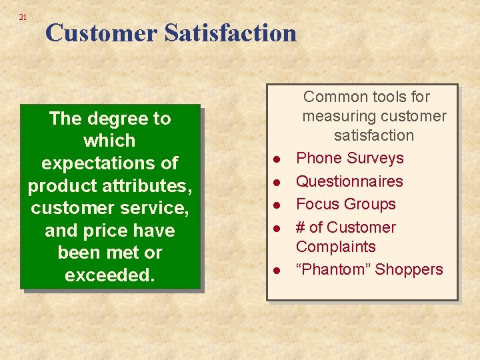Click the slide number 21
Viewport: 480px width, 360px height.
click(23, 17)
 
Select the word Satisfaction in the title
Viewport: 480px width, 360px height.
click(230, 33)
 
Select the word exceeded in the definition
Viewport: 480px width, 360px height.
click(109, 275)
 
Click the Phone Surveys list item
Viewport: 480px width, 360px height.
click(349, 158)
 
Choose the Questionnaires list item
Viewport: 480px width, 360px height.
click(349, 181)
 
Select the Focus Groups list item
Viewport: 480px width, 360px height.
click(345, 204)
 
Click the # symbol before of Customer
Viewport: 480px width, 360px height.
click(301, 227)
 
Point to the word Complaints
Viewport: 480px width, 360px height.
click(335, 247)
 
